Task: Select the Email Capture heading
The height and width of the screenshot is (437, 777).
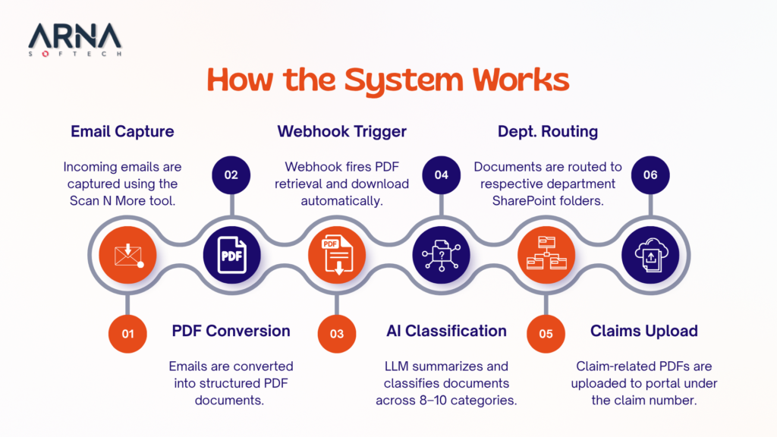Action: (122, 131)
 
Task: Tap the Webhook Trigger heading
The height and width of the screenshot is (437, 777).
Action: (341, 131)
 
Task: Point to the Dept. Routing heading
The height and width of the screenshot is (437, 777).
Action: (547, 131)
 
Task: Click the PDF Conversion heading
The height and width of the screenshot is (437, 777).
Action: (231, 331)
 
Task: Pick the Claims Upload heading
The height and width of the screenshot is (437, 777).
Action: (644, 331)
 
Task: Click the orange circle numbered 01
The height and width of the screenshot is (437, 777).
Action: (127, 334)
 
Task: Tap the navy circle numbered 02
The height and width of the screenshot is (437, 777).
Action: (231, 174)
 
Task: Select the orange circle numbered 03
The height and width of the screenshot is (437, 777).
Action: (336, 334)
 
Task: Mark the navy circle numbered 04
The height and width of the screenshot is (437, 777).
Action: (441, 174)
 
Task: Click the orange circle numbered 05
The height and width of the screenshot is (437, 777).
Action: (546, 334)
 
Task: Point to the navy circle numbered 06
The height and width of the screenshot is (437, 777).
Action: (650, 174)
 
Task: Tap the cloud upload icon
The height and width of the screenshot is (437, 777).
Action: (650, 254)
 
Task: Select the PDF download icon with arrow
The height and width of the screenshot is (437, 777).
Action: (336, 254)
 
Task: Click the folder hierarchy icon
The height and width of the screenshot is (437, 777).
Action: (546, 254)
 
